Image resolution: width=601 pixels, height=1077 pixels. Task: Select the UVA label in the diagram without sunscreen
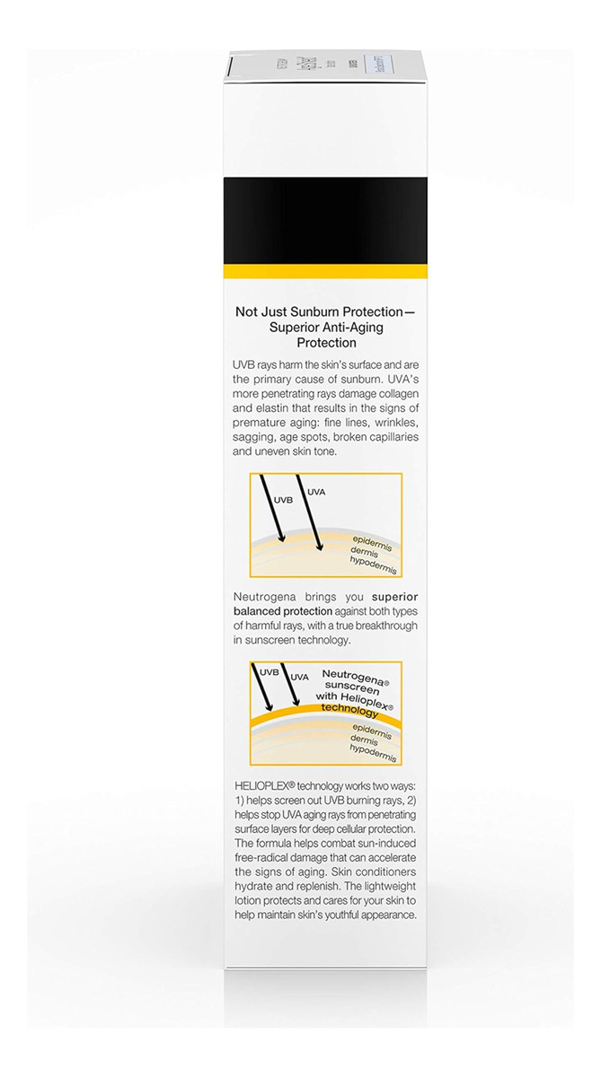point(318,492)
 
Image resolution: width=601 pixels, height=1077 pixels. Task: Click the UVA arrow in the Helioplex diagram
point(292,690)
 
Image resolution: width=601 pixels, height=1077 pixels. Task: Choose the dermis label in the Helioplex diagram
point(364,739)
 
